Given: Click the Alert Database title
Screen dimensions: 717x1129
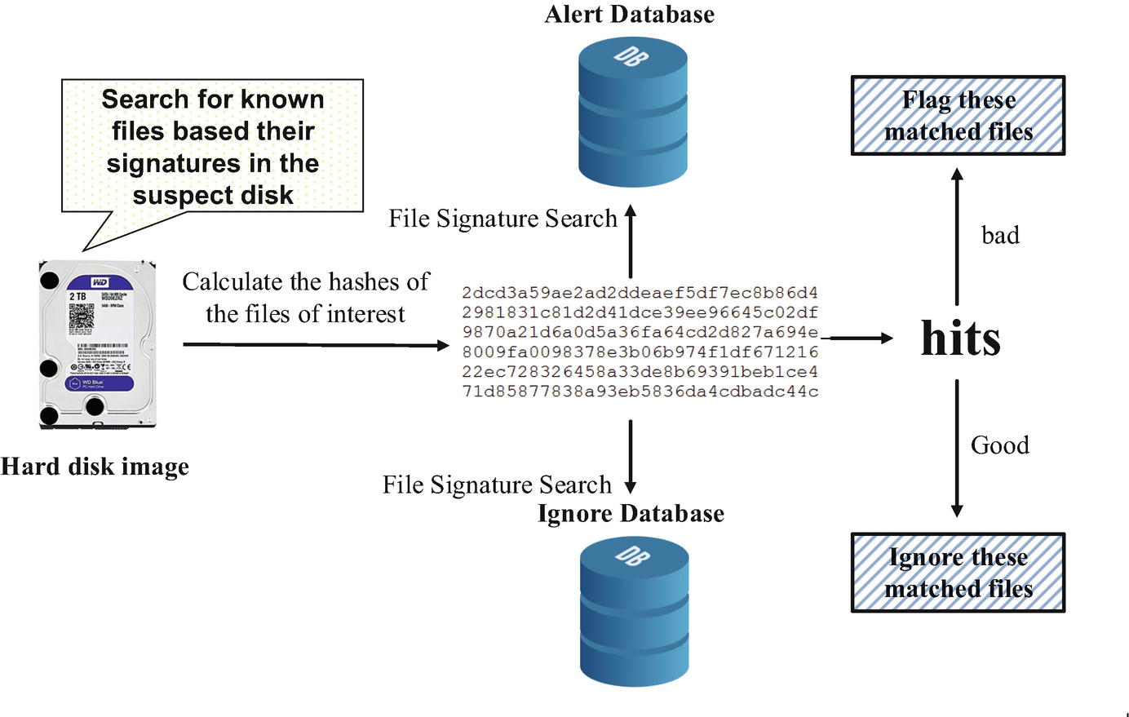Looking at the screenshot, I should [x=629, y=15].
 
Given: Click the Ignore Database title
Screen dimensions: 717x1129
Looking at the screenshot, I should [x=631, y=514].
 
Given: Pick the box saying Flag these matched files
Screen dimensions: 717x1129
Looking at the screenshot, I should [x=958, y=116].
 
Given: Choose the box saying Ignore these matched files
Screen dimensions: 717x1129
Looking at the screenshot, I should [x=958, y=573].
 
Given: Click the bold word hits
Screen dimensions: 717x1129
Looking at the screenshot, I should [x=960, y=338].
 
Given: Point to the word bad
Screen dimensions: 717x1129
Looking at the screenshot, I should [x=1000, y=236].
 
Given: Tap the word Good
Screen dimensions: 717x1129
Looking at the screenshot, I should [x=999, y=445].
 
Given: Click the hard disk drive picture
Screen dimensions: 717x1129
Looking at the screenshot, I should [x=97, y=343].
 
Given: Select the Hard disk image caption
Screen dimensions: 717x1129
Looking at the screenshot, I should [x=95, y=467].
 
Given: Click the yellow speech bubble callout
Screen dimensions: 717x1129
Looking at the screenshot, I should [x=212, y=147].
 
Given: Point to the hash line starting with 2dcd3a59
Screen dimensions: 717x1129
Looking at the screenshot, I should [x=640, y=293].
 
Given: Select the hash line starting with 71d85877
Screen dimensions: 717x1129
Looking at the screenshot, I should [x=640, y=392].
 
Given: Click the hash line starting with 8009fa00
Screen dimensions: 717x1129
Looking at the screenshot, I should [x=640, y=352].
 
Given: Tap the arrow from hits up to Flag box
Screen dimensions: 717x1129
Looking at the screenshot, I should [x=957, y=237].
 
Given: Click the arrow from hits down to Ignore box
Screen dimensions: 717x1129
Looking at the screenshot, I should [x=957, y=449].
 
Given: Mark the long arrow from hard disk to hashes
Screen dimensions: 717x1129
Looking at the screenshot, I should [x=316, y=345].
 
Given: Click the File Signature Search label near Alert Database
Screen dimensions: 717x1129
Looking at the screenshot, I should [x=503, y=219].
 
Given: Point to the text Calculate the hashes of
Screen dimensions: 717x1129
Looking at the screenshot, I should [x=305, y=282].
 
